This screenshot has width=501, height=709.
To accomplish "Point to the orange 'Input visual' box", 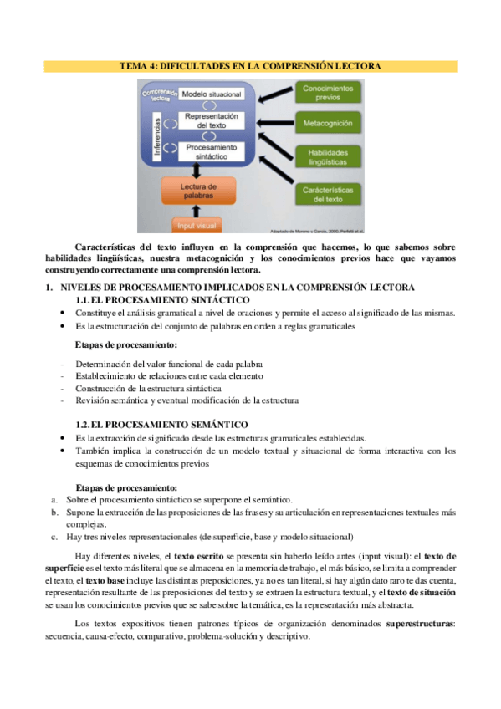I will [198, 223].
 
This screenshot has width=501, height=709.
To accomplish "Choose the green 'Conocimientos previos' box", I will [327, 93].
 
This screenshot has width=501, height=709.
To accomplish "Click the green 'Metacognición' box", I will [327, 124].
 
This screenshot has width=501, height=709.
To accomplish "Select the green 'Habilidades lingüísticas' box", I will [327, 157].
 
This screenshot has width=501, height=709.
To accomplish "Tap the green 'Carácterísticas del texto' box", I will [327, 195].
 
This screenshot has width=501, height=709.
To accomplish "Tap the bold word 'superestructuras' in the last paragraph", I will [420, 624].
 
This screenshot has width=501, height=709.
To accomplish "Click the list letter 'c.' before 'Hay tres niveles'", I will [54, 537].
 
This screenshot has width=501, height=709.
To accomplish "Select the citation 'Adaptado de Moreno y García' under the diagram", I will [306, 230].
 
